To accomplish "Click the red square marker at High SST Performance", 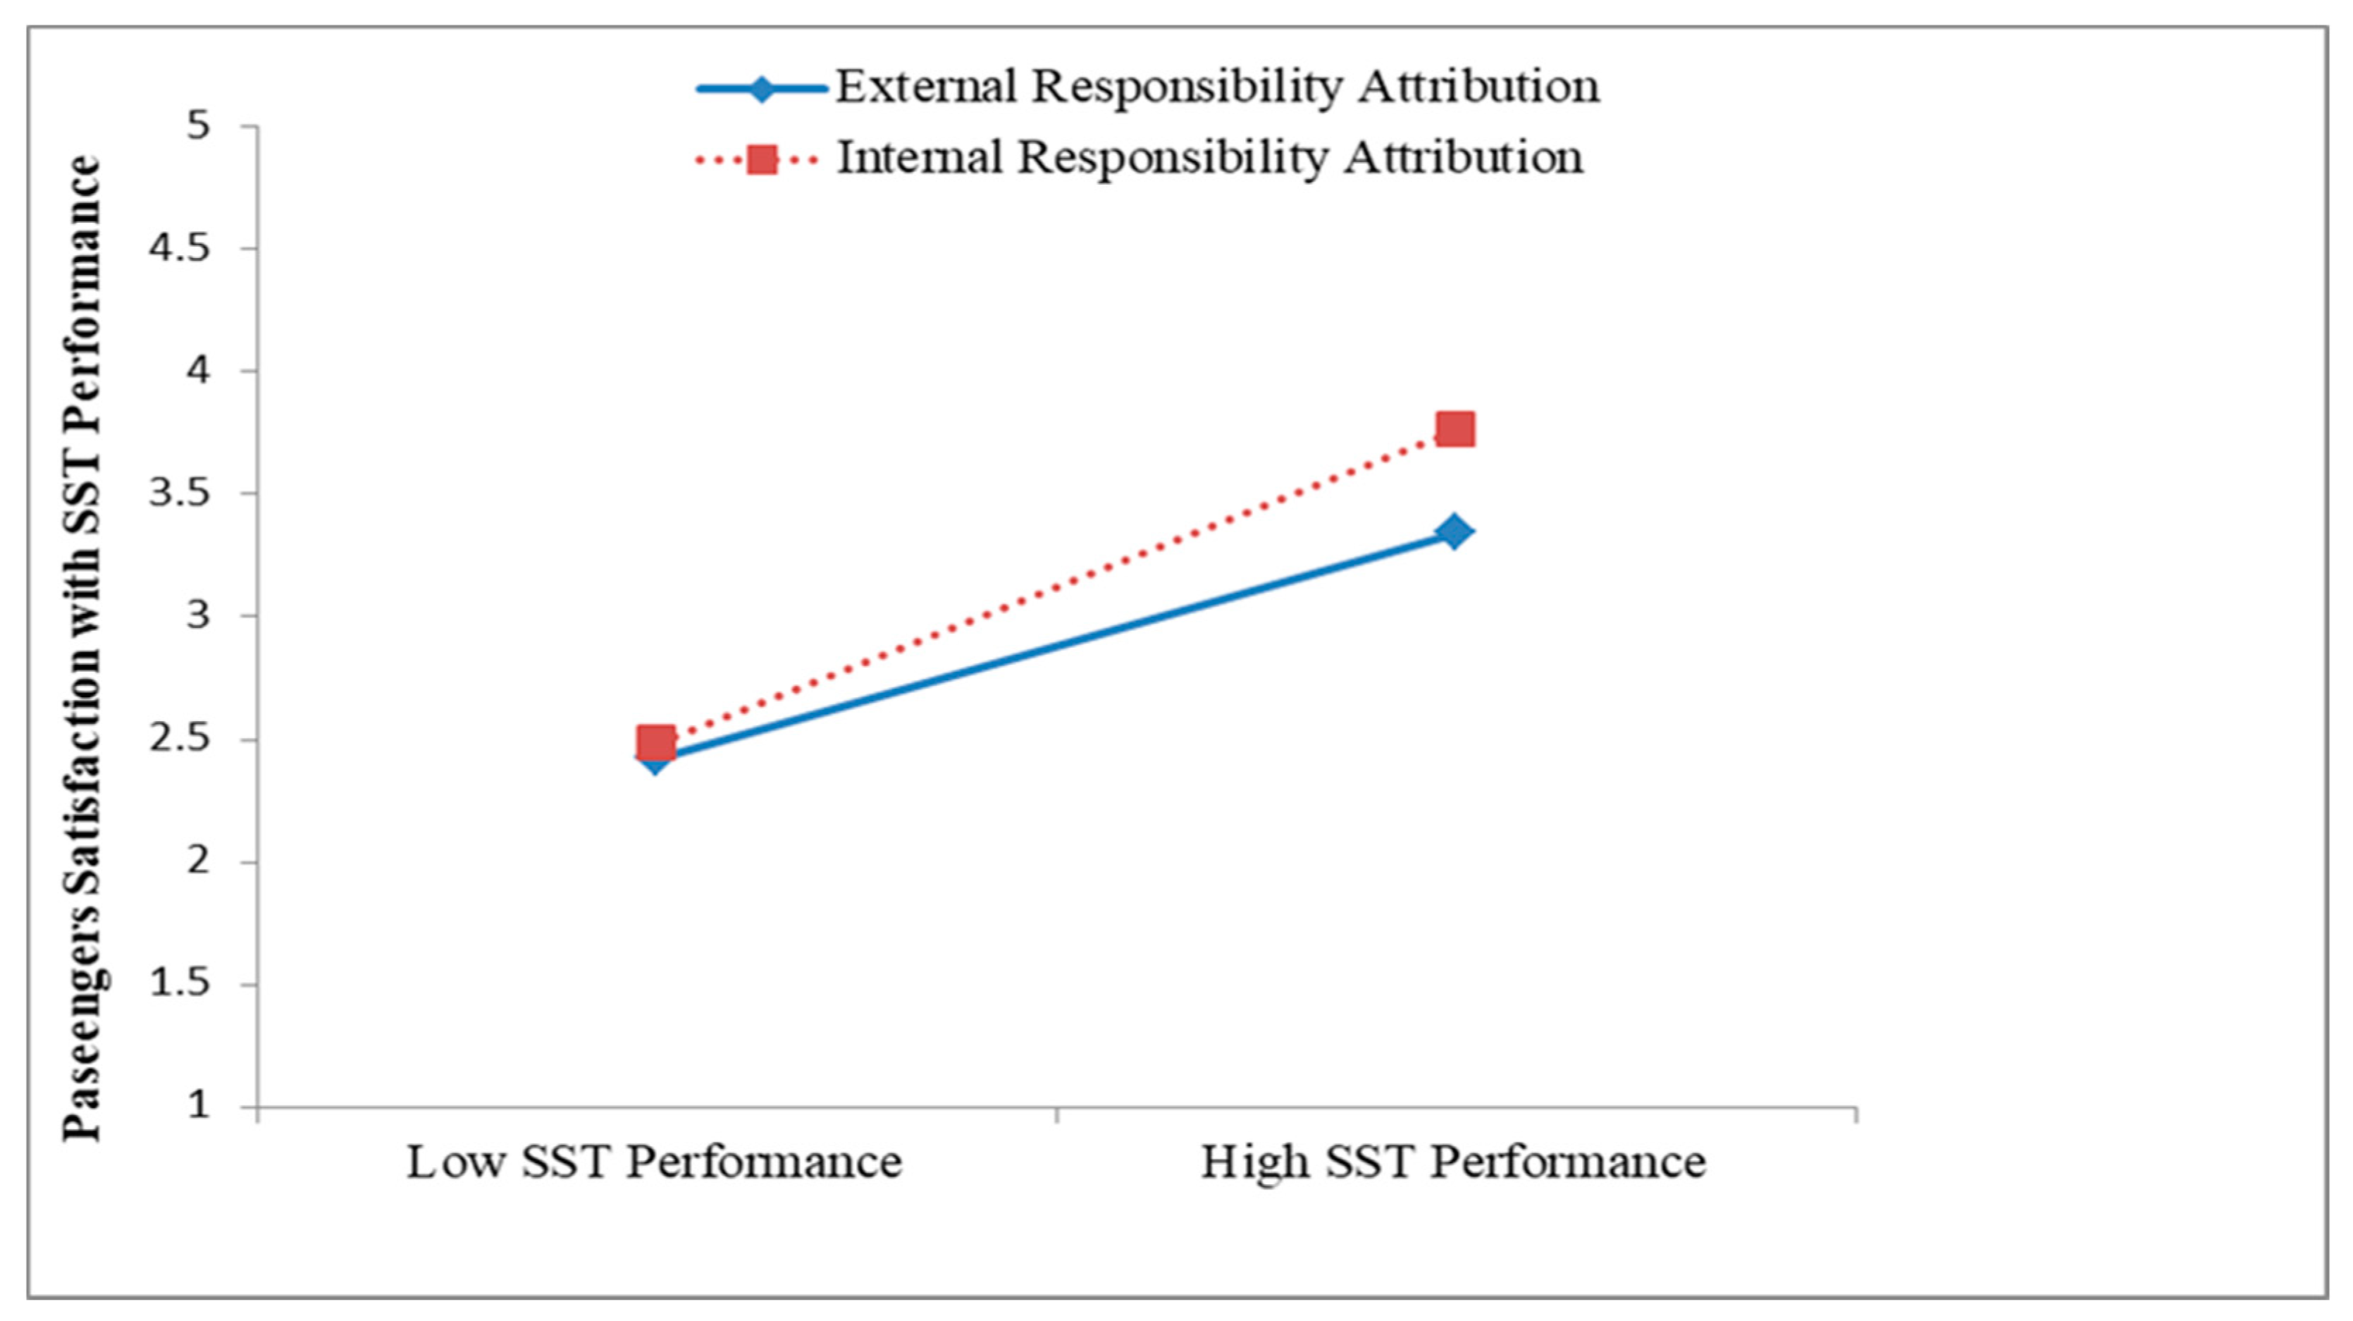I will [x=1455, y=429].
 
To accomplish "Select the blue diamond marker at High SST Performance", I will [x=1455, y=531].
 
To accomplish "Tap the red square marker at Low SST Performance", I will [x=655, y=743].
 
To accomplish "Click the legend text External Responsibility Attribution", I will [x=1217, y=87].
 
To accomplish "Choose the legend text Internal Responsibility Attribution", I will [x=1209, y=157].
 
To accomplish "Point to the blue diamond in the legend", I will [x=761, y=89].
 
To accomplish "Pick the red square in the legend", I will [x=761, y=160].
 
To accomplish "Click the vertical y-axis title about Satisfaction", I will [x=82, y=649].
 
